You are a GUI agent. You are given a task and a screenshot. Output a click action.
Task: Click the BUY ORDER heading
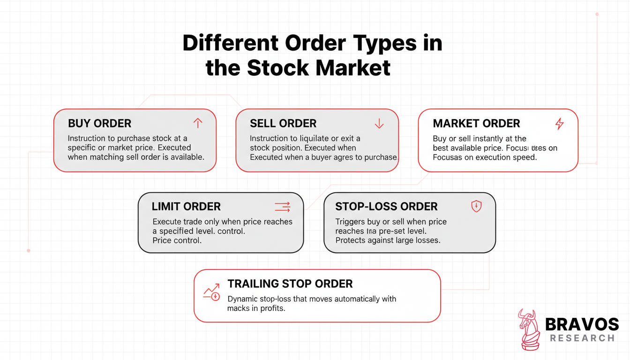(x=99, y=124)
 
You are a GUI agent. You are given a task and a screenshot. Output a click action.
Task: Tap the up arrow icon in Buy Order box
(x=198, y=123)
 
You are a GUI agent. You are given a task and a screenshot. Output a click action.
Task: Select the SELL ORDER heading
(x=283, y=124)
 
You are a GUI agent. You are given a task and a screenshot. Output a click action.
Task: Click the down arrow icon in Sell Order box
(x=379, y=123)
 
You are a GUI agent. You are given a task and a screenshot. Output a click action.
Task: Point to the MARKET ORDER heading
(x=476, y=124)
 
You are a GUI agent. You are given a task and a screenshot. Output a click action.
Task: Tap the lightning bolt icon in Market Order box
(x=559, y=124)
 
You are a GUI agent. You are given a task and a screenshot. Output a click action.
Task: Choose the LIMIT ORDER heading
(x=186, y=207)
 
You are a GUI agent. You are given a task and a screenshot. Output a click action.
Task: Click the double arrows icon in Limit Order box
(x=283, y=207)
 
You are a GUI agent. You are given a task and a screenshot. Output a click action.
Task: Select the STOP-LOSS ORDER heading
(x=386, y=207)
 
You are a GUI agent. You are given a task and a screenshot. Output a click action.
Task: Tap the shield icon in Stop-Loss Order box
(x=476, y=206)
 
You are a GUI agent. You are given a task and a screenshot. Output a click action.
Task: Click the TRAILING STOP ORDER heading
(x=290, y=284)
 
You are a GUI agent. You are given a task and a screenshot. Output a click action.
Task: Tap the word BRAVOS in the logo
(x=582, y=324)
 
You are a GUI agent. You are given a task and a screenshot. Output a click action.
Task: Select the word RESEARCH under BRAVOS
(x=582, y=338)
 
